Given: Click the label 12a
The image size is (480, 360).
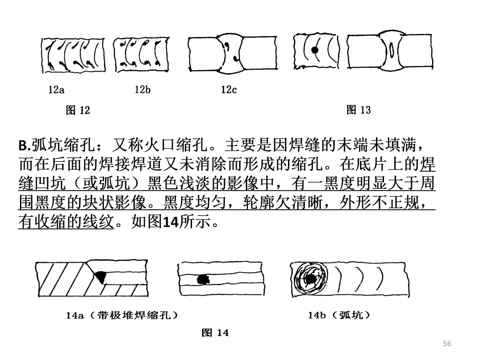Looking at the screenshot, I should coord(56,90).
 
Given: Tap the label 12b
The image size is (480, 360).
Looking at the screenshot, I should coord(143,90).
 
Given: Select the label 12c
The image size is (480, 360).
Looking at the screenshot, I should coord(229,90).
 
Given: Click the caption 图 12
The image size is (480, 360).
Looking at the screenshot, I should coord(78,110).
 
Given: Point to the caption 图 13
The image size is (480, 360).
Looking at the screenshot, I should coord(358,110).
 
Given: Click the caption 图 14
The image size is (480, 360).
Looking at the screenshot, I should coord(215,332).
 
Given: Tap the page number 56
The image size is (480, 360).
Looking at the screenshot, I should coord(447,343).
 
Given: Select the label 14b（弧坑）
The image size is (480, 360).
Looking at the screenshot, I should coord(339,316).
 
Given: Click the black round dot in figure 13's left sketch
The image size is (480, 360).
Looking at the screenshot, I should coord(315,50).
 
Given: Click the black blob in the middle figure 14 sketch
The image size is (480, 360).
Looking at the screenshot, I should coord(204,279).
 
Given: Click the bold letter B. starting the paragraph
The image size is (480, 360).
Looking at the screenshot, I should coord(24,146).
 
